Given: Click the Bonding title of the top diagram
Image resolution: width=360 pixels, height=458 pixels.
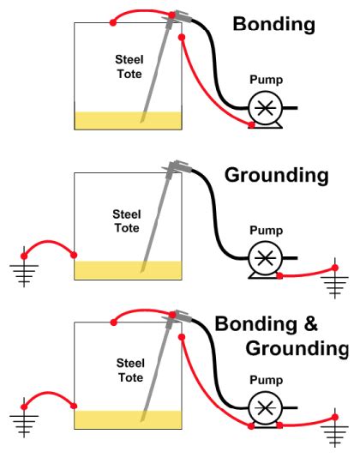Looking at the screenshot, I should [274, 24].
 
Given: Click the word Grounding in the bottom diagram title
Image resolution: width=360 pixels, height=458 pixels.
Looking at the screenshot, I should [297, 349].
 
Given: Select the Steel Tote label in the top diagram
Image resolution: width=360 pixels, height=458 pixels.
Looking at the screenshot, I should [129, 66].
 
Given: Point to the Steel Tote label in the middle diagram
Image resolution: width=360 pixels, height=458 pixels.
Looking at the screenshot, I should [129, 222].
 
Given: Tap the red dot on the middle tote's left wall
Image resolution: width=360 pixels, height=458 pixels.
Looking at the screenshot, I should [75, 255].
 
